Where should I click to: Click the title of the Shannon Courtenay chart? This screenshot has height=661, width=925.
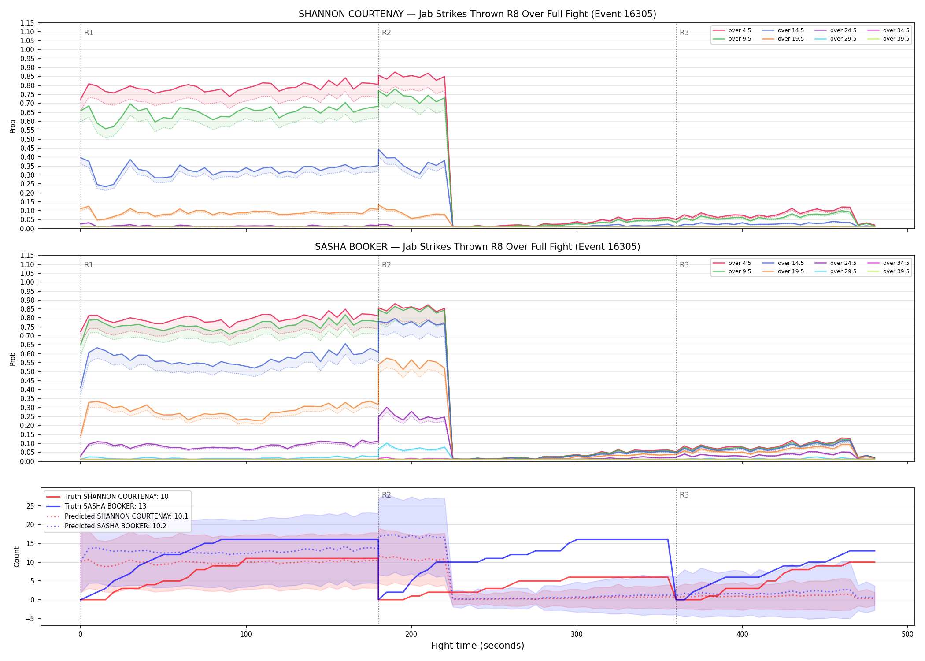tap(477, 14)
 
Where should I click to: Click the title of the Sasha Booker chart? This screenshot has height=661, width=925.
tap(477, 247)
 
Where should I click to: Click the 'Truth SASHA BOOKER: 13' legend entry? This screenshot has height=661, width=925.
tap(106, 506)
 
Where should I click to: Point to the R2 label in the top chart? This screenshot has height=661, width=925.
tap(386, 33)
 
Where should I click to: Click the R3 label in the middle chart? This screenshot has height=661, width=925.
tap(684, 265)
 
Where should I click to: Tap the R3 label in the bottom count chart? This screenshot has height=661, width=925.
tap(684, 495)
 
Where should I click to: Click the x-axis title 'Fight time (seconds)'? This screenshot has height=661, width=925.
tap(477, 646)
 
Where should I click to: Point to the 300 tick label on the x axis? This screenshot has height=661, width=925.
tap(577, 635)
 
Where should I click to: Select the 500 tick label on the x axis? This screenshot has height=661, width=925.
tap(907, 635)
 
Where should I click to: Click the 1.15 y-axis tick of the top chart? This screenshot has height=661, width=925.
tap(27, 23)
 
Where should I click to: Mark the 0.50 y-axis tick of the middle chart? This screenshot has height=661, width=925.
tap(27, 372)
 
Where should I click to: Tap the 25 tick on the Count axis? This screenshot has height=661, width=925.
tap(30, 506)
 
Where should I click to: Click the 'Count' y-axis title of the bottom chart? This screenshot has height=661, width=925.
tap(17, 557)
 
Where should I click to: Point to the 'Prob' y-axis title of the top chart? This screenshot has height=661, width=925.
tap(13, 126)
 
